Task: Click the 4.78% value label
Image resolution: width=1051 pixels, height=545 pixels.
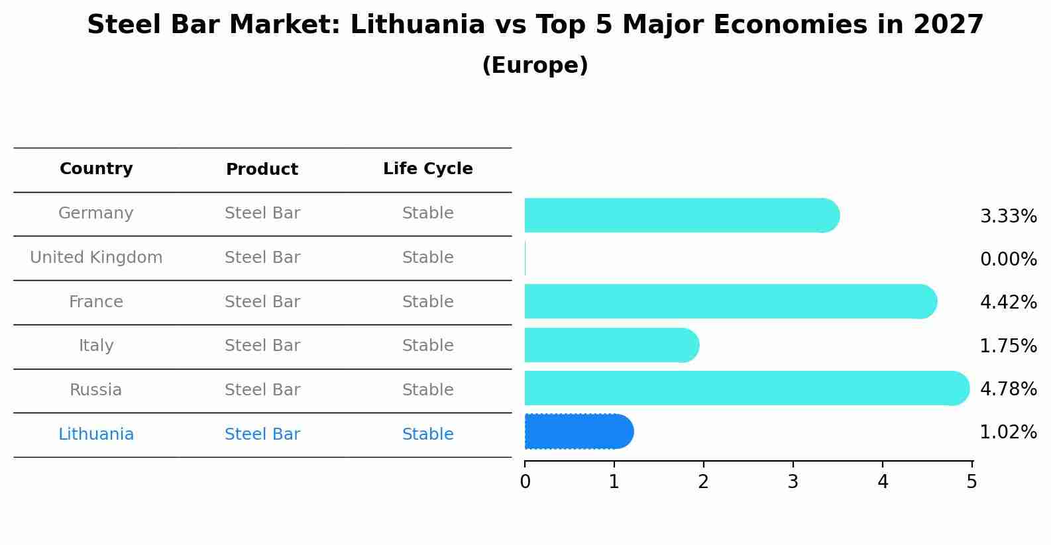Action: coord(1008,389)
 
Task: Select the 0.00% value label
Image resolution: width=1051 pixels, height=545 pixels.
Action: coord(1008,259)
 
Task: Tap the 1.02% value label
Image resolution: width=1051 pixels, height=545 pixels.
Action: coord(1008,432)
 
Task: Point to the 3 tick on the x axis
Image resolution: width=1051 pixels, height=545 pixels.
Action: coord(793,481)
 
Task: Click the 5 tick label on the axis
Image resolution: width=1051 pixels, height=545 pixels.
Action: coord(971,481)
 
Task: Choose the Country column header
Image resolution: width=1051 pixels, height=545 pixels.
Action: coord(96,169)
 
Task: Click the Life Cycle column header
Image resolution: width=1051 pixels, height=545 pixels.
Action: coord(427,169)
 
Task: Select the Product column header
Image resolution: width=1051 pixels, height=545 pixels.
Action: coord(262,170)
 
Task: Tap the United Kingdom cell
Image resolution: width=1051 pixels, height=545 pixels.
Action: coord(96,258)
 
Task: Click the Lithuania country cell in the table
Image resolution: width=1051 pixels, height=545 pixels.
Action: coord(96,434)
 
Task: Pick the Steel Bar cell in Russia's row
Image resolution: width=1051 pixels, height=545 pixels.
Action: coord(262,390)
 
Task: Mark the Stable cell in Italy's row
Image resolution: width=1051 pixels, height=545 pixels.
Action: coord(427,346)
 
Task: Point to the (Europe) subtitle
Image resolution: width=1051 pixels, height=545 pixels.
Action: coord(535,66)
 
